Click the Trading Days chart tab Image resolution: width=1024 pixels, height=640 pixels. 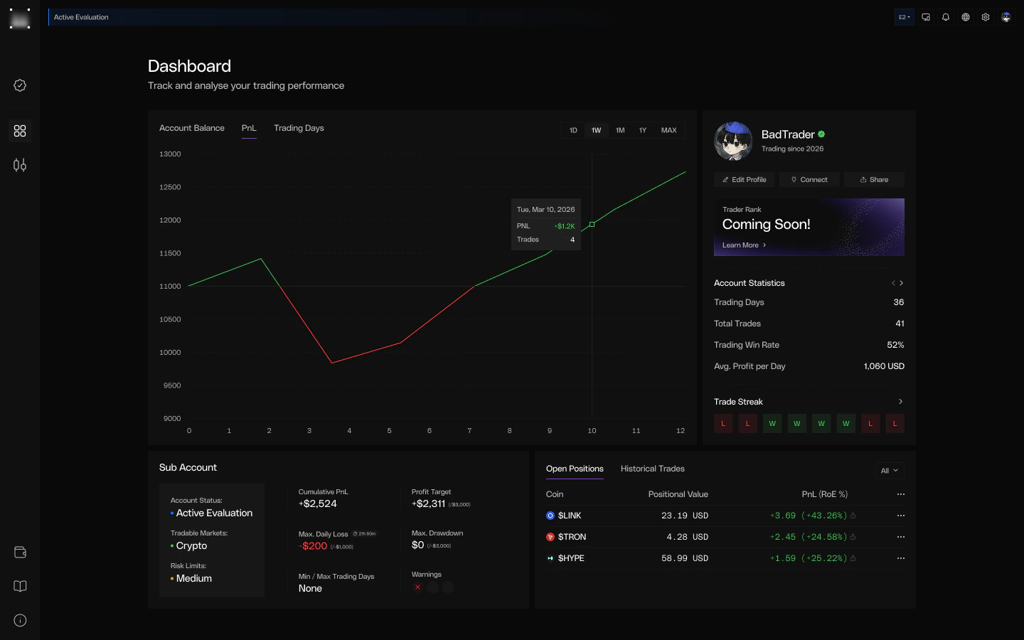point(299,128)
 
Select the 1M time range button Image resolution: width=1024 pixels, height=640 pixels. point(620,130)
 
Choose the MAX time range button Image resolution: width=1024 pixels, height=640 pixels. point(668,130)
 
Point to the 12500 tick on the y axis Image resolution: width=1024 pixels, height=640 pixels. point(170,187)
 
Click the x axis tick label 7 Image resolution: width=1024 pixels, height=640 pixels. point(469,430)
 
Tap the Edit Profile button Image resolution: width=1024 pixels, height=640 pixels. point(744,180)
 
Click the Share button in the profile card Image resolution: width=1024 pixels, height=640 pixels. point(874,180)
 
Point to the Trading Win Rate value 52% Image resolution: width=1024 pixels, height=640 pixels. point(895,345)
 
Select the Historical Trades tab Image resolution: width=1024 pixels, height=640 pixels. point(652,469)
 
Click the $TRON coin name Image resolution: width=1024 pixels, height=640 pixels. point(572,537)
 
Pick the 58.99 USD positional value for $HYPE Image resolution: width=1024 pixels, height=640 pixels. point(684,558)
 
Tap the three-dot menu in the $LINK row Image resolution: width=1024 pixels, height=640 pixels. point(901,516)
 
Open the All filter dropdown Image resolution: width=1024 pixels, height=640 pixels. point(890,471)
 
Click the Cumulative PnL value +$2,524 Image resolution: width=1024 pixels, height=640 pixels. point(318,503)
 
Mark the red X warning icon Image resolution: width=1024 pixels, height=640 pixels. point(417,587)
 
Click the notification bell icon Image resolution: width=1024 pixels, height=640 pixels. point(946,17)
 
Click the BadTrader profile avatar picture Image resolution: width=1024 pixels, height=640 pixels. point(733,141)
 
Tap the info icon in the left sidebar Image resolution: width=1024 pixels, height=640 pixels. point(20,620)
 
